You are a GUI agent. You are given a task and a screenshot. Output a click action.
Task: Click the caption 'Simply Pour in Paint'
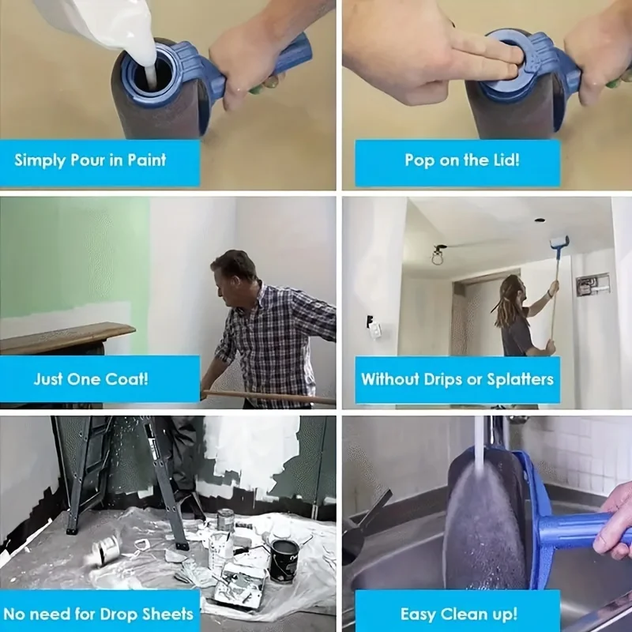(90, 160)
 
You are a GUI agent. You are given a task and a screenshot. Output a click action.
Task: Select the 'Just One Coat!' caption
(90, 378)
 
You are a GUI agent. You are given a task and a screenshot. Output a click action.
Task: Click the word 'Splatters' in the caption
(520, 378)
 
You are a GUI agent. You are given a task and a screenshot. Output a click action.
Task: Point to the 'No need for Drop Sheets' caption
(98, 613)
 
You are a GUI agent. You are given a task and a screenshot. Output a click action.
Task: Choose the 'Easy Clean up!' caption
(458, 613)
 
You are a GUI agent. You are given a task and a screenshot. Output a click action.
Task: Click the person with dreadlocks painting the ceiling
(515, 316)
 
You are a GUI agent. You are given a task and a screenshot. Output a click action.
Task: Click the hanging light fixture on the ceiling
(437, 254)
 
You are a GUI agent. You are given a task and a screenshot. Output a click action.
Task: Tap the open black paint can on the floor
(284, 559)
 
